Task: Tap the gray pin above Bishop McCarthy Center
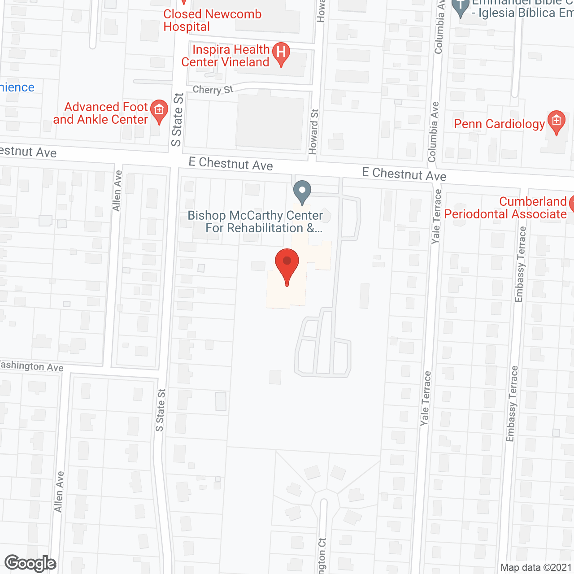pos(302,191)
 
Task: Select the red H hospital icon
pos(281,53)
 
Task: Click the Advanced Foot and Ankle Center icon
pos(159,111)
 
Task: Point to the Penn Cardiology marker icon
pos(557,121)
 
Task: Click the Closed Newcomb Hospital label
pos(212,20)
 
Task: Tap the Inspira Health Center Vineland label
pos(225,56)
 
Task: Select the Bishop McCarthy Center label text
pos(255,222)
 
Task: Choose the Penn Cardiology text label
pos(499,124)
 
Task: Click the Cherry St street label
pos(213,89)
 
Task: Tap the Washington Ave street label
pos(31,366)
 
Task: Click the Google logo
pos(30,563)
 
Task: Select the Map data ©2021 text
pos(536,567)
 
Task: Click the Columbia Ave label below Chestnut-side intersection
pos(434,131)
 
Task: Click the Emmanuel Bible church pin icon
pos(461,8)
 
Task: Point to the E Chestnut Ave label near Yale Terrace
pos(404,174)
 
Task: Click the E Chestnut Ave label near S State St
pos(230,164)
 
